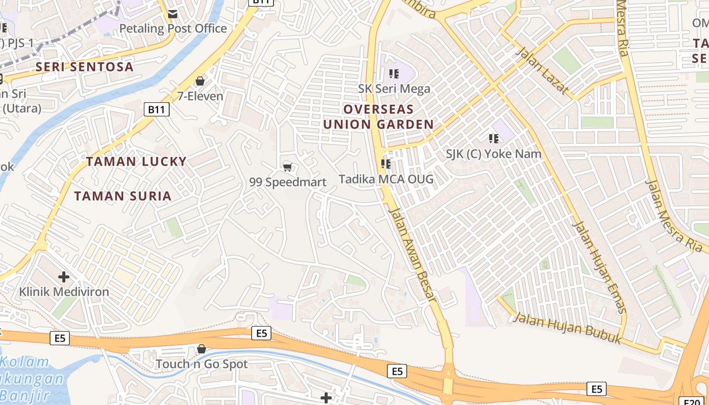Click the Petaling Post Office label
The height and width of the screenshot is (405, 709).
point(173,28)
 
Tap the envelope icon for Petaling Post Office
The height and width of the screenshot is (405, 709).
point(173,14)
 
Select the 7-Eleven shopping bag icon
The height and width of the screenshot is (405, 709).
point(200,81)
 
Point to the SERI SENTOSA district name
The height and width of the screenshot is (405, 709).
point(85,67)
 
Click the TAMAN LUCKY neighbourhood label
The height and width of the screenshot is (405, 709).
point(136,161)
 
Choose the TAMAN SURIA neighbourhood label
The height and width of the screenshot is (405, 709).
point(123,196)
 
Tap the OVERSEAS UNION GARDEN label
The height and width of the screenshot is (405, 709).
point(378,116)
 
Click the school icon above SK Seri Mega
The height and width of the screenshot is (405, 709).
point(394,74)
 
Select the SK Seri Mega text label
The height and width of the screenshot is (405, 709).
point(394,89)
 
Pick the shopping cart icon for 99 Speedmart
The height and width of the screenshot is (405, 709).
point(288,167)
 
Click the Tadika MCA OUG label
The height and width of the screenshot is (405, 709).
point(386,179)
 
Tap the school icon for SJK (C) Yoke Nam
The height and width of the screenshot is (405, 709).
point(494,138)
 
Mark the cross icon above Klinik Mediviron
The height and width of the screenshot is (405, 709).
point(64,277)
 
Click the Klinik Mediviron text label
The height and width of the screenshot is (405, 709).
point(64,292)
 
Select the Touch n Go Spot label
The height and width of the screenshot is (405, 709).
point(202,364)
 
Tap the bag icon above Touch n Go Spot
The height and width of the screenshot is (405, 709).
point(202,349)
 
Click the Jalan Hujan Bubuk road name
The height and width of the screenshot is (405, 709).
point(567,329)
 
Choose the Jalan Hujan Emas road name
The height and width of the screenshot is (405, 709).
point(600,267)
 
